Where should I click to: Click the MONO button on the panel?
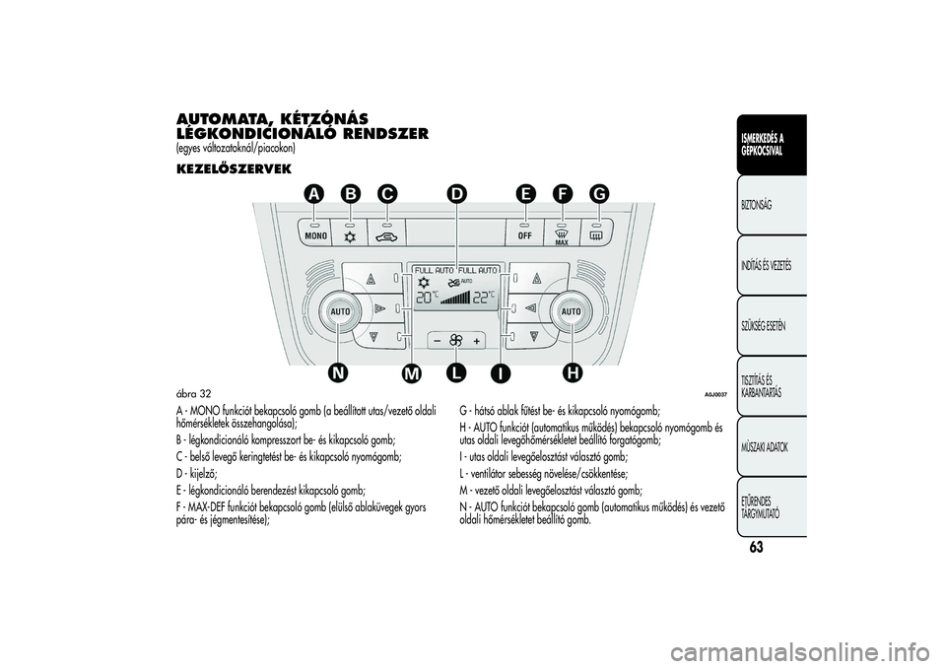pyautogui.click(x=315, y=235)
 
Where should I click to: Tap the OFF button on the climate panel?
pyautogui.click(x=524, y=235)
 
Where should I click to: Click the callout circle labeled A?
pyautogui.click(x=313, y=195)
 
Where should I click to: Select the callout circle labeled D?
pyautogui.click(x=456, y=195)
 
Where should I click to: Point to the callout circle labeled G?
pyautogui.click(x=598, y=195)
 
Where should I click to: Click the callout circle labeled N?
pyautogui.click(x=341, y=372)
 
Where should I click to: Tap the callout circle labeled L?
pyautogui.click(x=454, y=372)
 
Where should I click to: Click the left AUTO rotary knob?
pyautogui.click(x=341, y=310)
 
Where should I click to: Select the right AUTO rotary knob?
pyautogui.click(x=572, y=310)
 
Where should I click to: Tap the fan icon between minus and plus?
pyautogui.click(x=456, y=341)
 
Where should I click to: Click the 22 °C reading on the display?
pyautogui.click(x=484, y=297)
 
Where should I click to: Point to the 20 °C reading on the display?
pyautogui.click(x=427, y=297)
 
